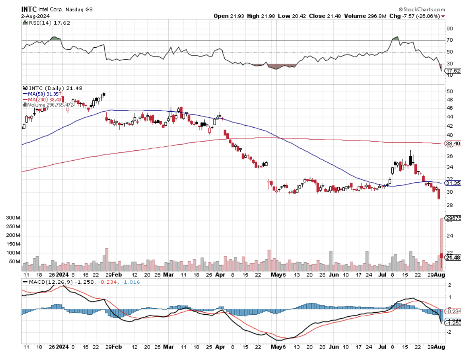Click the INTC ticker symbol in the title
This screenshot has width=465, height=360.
pyautogui.click(x=28, y=9)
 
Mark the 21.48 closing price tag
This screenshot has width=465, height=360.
pyautogui.click(x=453, y=257)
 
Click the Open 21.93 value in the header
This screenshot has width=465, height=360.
pyautogui.click(x=229, y=16)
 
